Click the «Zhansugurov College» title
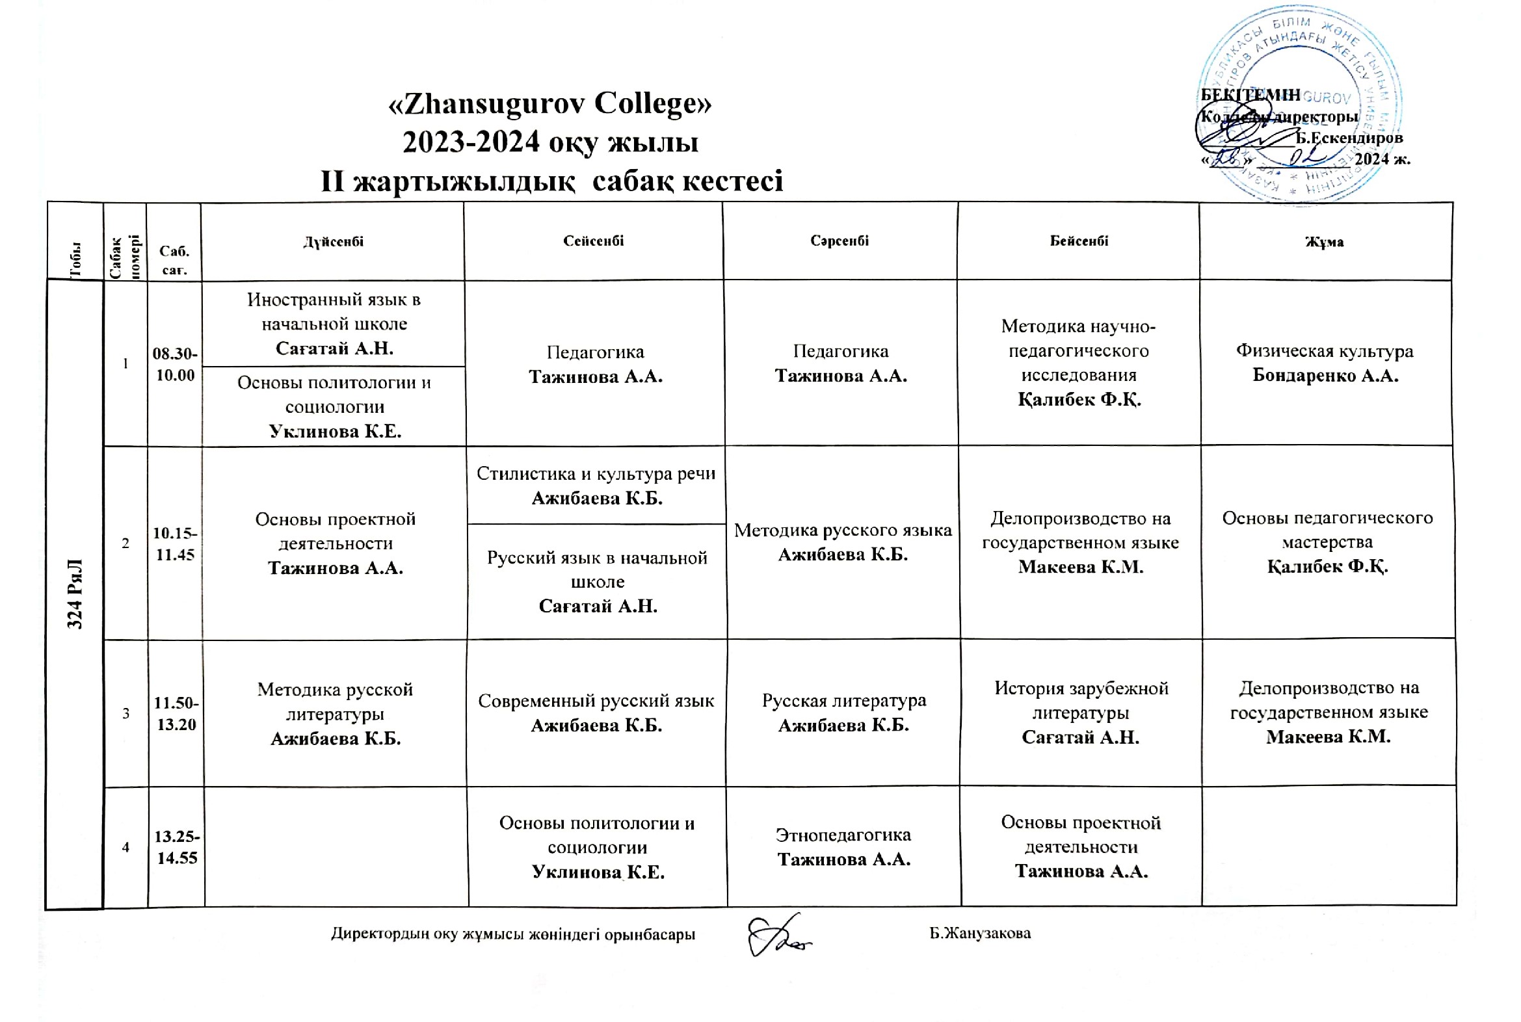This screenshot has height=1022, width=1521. pyautogui.click(x=549, y=103)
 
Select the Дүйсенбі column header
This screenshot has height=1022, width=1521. pyautogui.click(x=333, y=242)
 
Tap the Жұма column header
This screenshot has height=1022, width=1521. pyautogui.click(x=1324, y=242)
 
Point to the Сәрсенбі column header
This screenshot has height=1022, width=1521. pyautogui.click(x=840, y=241)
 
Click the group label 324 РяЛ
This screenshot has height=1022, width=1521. pyautogui.click(x=75, y=593)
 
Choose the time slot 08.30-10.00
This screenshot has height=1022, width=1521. pyautogui.click(x=175, y=364)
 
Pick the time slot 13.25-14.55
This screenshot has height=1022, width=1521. pyautogui.click(x=177, y=846)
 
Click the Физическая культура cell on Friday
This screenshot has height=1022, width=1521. pyautogui.click(x=1325, y=363)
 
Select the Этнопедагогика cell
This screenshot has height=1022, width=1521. pyautogui.click(x=843, y=846)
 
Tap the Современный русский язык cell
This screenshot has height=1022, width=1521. pyautogui.click(x=596, y=713)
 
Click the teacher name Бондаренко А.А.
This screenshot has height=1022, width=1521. pyautogui.click(x=1325, y=376)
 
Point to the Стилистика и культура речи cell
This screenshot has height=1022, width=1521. pyautogui.click(x=596, y=486)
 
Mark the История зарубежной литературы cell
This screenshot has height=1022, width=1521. pyautogui.click(x=1080, y=713)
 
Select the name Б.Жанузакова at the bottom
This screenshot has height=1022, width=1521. pyautogui.click(x=980, y=934)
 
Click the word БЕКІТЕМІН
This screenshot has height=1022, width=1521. pyautogui.click(x=1250, y=95)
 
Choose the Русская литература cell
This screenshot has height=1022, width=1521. pyautogui.click(x=843, y=713)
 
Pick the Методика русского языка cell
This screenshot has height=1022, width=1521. pyautogui.click(x=843, y=542)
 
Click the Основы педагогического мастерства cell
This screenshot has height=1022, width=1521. pyautogui.click(x=1327, y=542)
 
